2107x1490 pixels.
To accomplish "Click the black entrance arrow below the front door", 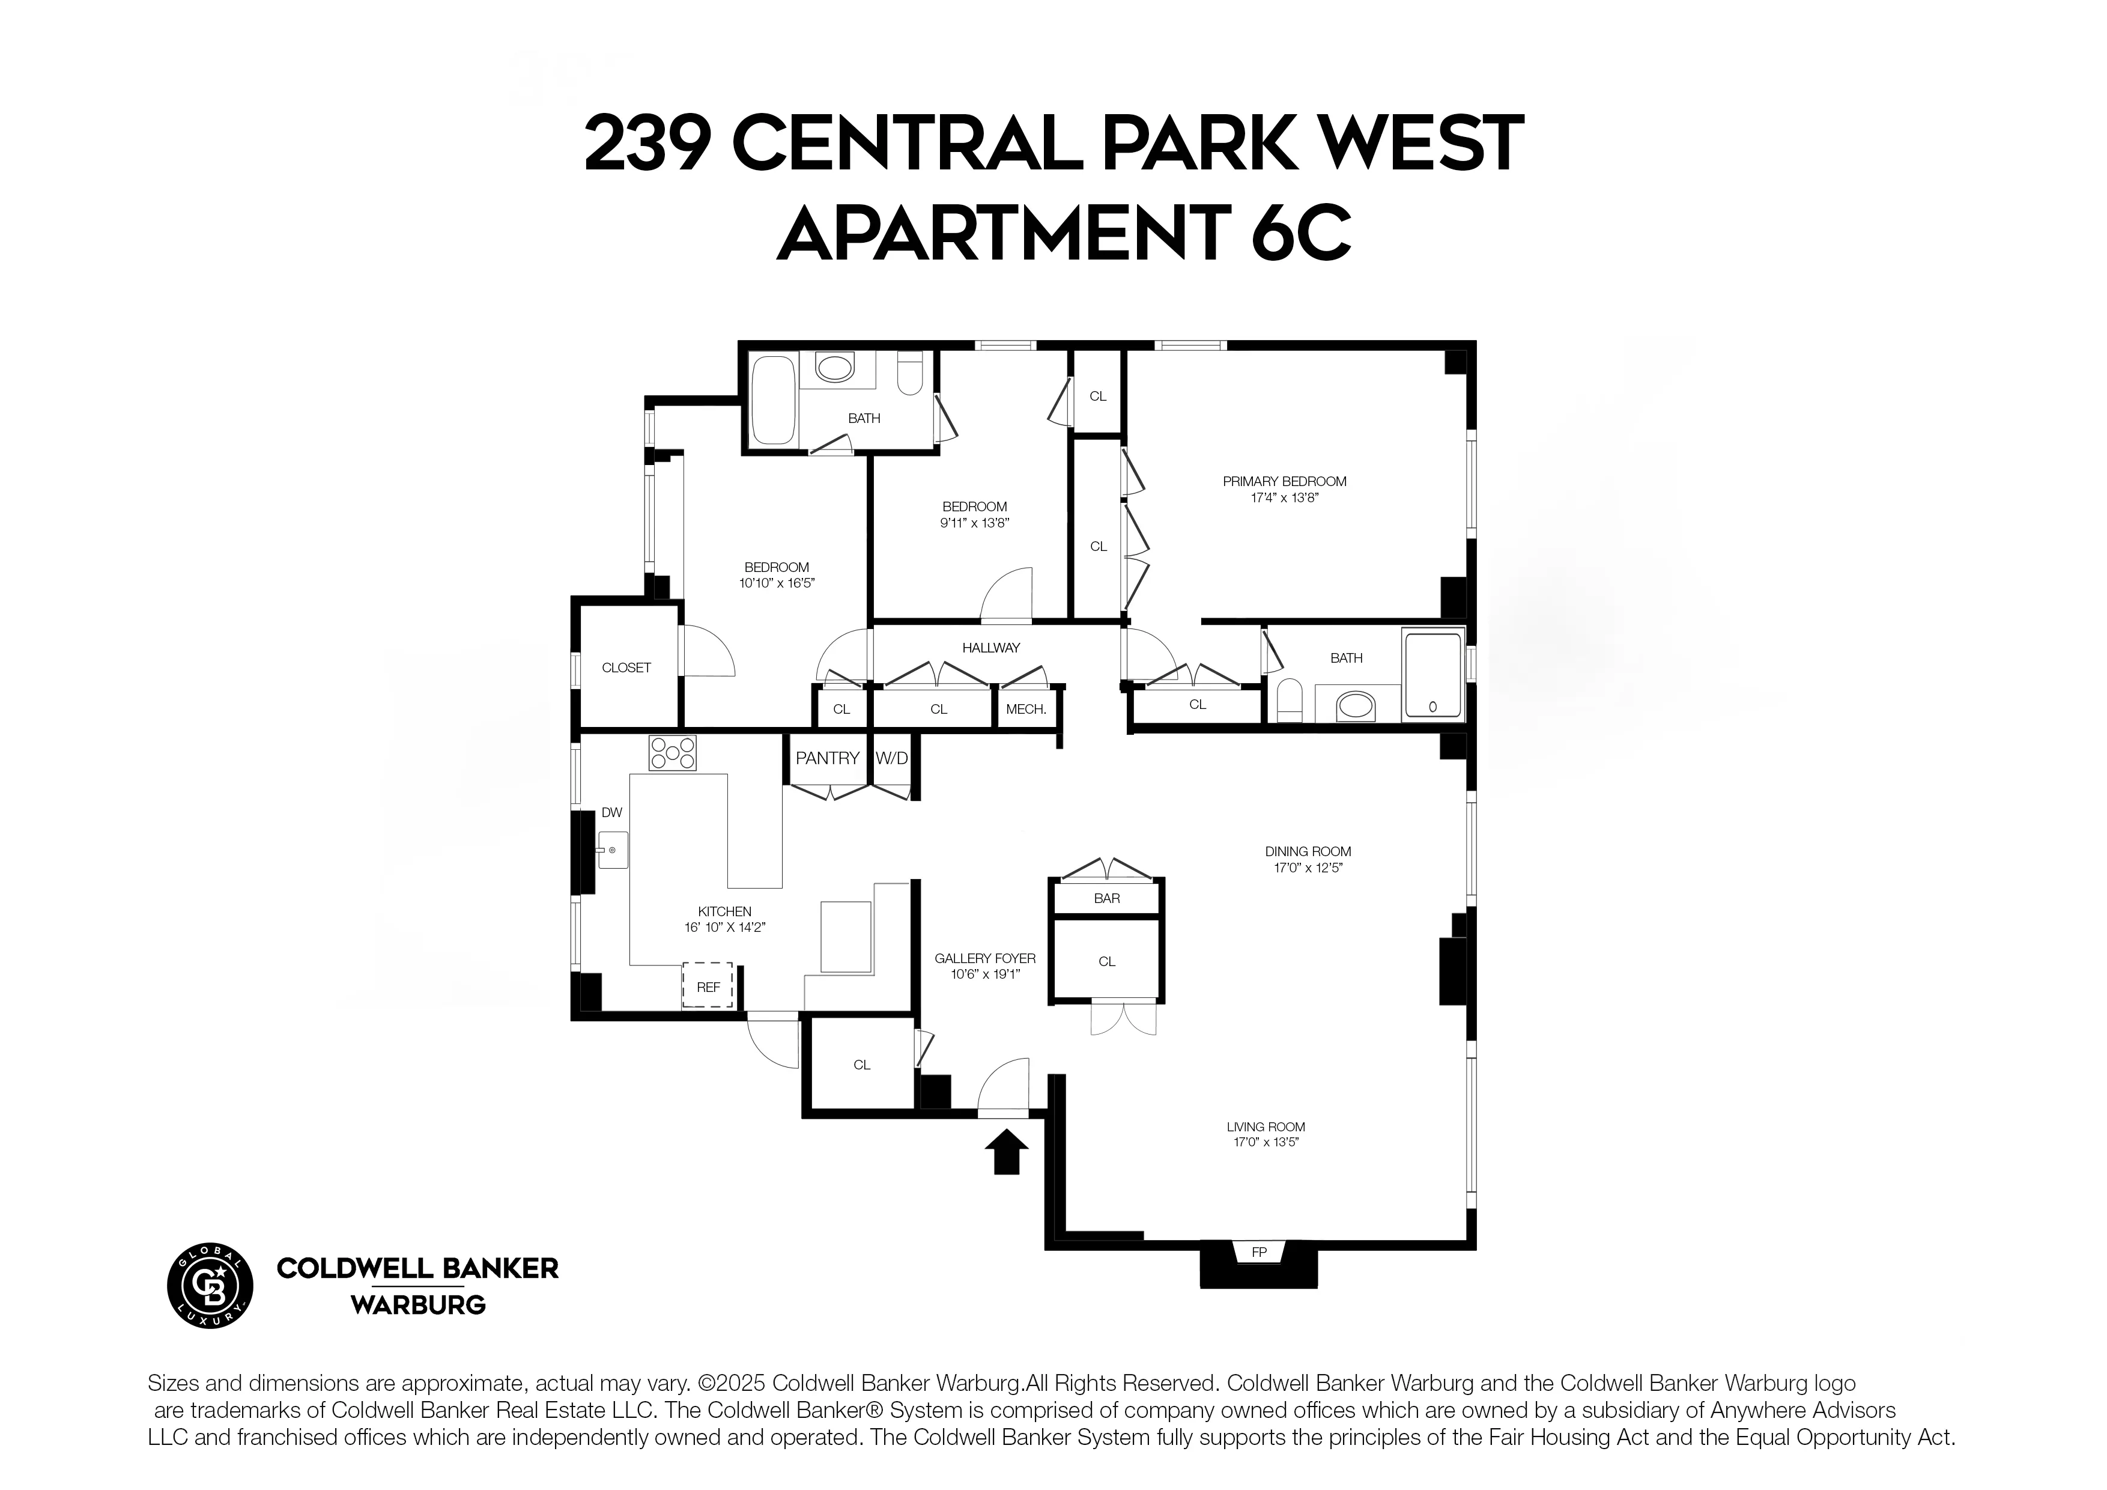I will [x=1006, y=1152].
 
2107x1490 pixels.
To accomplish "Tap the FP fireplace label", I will [x=1259, y=1252].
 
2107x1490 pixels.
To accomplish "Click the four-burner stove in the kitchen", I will [x=673, y=753].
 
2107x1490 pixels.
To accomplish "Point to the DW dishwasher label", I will [x=611, y=812].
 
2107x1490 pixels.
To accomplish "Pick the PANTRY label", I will [x=827, y=758].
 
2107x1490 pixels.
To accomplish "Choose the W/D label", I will [x=891, y=758].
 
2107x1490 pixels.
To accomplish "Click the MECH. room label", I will [x=1026, y=709].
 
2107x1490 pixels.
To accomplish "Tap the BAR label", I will [x=1107, y=898].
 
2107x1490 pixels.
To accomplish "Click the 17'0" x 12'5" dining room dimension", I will [x=1308, y=868].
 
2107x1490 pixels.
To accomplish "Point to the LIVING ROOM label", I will [x=1266, y=1127].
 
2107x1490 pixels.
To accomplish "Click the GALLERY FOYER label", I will [x=984, y=958].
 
